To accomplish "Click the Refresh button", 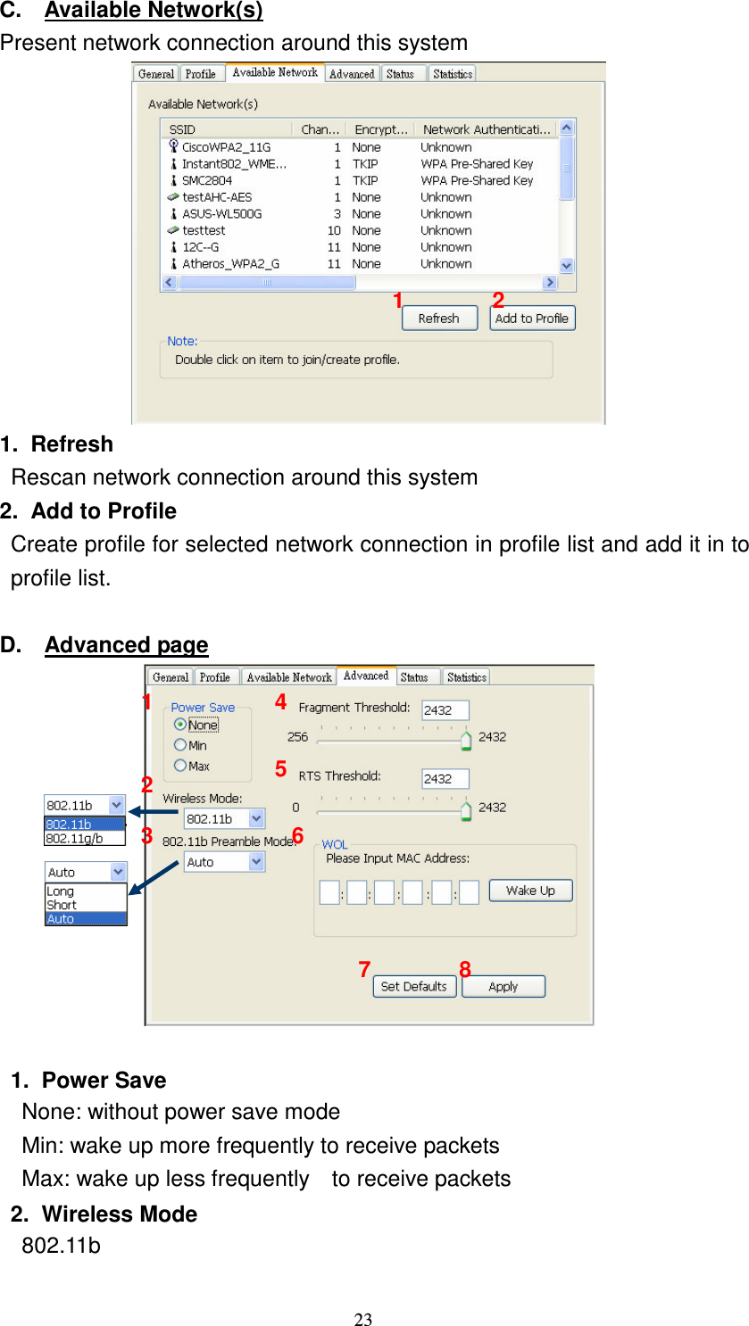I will point(438,319).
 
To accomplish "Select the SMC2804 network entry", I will point(206,180).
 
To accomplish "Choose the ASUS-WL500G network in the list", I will point(221,214).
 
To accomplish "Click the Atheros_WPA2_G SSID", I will point(230,264).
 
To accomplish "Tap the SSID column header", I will point(182,129).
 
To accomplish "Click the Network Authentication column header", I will point(486,129).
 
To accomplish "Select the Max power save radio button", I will point(180,766).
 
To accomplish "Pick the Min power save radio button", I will point(180,745).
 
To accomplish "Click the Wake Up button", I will point(530,891).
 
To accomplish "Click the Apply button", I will point(503,987).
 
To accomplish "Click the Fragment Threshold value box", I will point(445,710).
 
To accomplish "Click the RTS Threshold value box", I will point(445,779).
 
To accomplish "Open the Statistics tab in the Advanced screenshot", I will point(466,677).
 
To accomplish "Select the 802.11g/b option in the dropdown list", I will point(75,839).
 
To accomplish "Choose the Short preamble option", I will point(62,905).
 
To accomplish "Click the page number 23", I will point(362,1320).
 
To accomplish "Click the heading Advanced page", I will point(126,645).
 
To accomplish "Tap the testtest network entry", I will point(204,230).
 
